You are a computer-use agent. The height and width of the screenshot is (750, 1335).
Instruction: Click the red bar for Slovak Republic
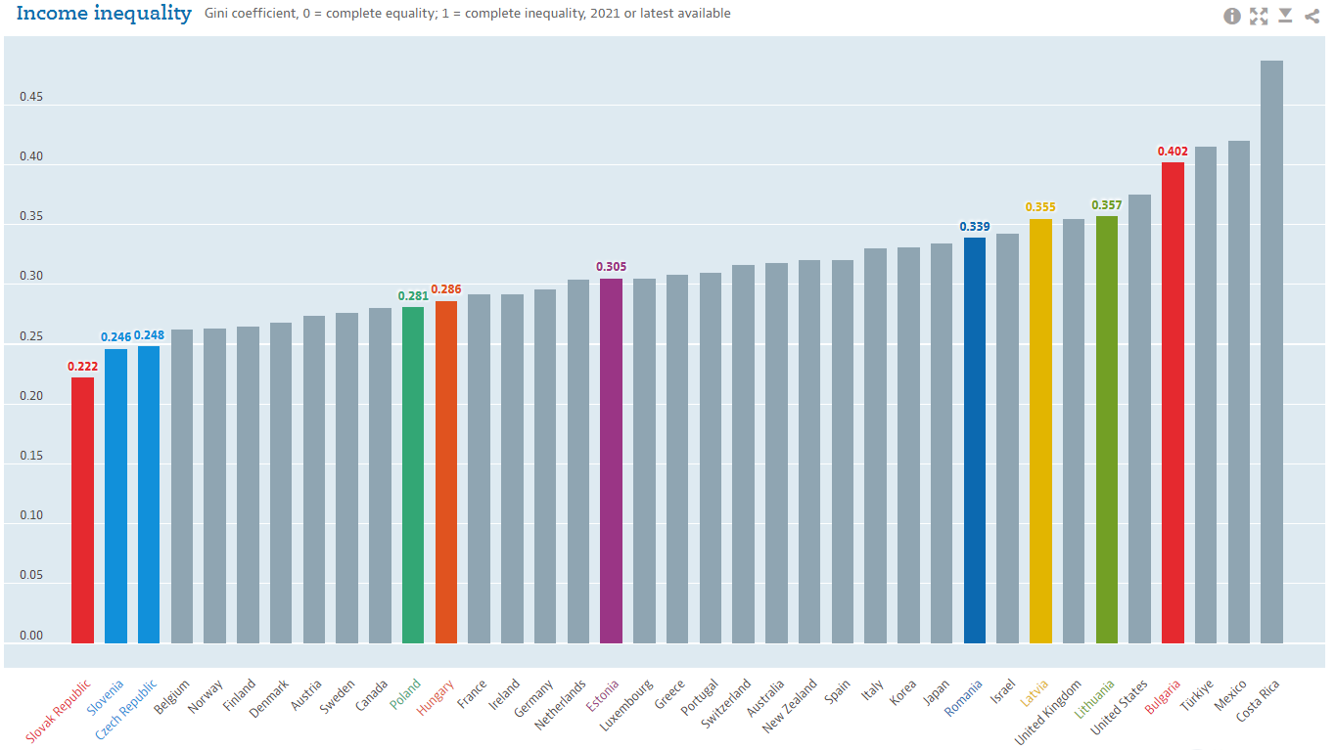82,509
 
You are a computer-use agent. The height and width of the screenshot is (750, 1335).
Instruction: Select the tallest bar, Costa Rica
1271,352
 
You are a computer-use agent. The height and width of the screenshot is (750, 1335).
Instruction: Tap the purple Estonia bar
611,461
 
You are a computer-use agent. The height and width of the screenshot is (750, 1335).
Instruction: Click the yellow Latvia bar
1040,430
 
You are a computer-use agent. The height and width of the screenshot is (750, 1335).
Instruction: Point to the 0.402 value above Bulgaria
1173,152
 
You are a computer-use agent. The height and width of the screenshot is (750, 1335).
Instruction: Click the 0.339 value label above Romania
974,227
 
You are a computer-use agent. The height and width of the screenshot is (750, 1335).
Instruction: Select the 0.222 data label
82,367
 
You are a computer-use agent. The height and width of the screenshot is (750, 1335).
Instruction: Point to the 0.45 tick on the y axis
31,98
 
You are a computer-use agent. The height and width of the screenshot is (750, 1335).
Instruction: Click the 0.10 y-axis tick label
31,516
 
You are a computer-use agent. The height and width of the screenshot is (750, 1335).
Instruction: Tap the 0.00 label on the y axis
31,636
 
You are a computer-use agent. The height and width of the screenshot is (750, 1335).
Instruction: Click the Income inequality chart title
104,14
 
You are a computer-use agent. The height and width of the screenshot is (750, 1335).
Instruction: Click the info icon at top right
1232,16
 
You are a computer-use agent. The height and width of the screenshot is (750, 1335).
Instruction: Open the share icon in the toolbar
1312,16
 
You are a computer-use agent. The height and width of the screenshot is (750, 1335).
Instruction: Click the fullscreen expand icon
1259,16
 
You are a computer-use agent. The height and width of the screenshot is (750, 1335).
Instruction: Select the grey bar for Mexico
1238,391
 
